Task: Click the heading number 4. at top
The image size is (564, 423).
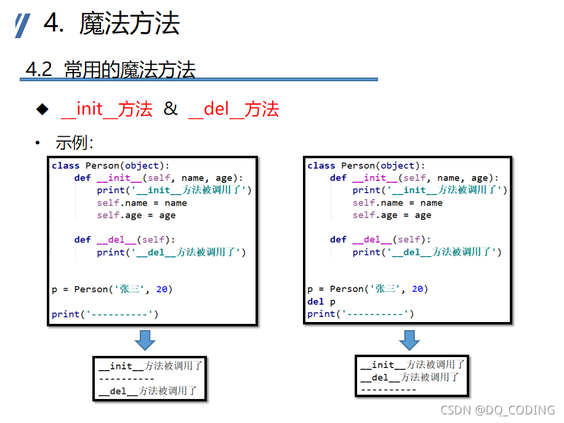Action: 54,24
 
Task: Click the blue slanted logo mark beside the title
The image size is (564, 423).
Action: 23,26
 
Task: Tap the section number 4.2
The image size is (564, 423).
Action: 38,70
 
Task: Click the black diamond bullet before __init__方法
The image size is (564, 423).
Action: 42,110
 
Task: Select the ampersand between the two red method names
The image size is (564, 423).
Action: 170,109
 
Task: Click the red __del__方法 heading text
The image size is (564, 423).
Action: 233,110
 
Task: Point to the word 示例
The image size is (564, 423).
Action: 72,143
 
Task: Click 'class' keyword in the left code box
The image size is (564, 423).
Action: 65,166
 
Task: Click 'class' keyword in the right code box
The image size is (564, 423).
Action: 321,166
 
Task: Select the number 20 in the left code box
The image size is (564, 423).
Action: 161,289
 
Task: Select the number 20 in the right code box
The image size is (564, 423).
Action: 417,289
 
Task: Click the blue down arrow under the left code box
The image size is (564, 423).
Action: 145,340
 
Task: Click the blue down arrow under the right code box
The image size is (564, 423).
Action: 409,340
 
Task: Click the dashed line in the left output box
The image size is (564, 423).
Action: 126,379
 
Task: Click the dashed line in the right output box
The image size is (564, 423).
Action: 389,390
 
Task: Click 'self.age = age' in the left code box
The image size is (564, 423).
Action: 136,216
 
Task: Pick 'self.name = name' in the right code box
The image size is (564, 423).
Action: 397,203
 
